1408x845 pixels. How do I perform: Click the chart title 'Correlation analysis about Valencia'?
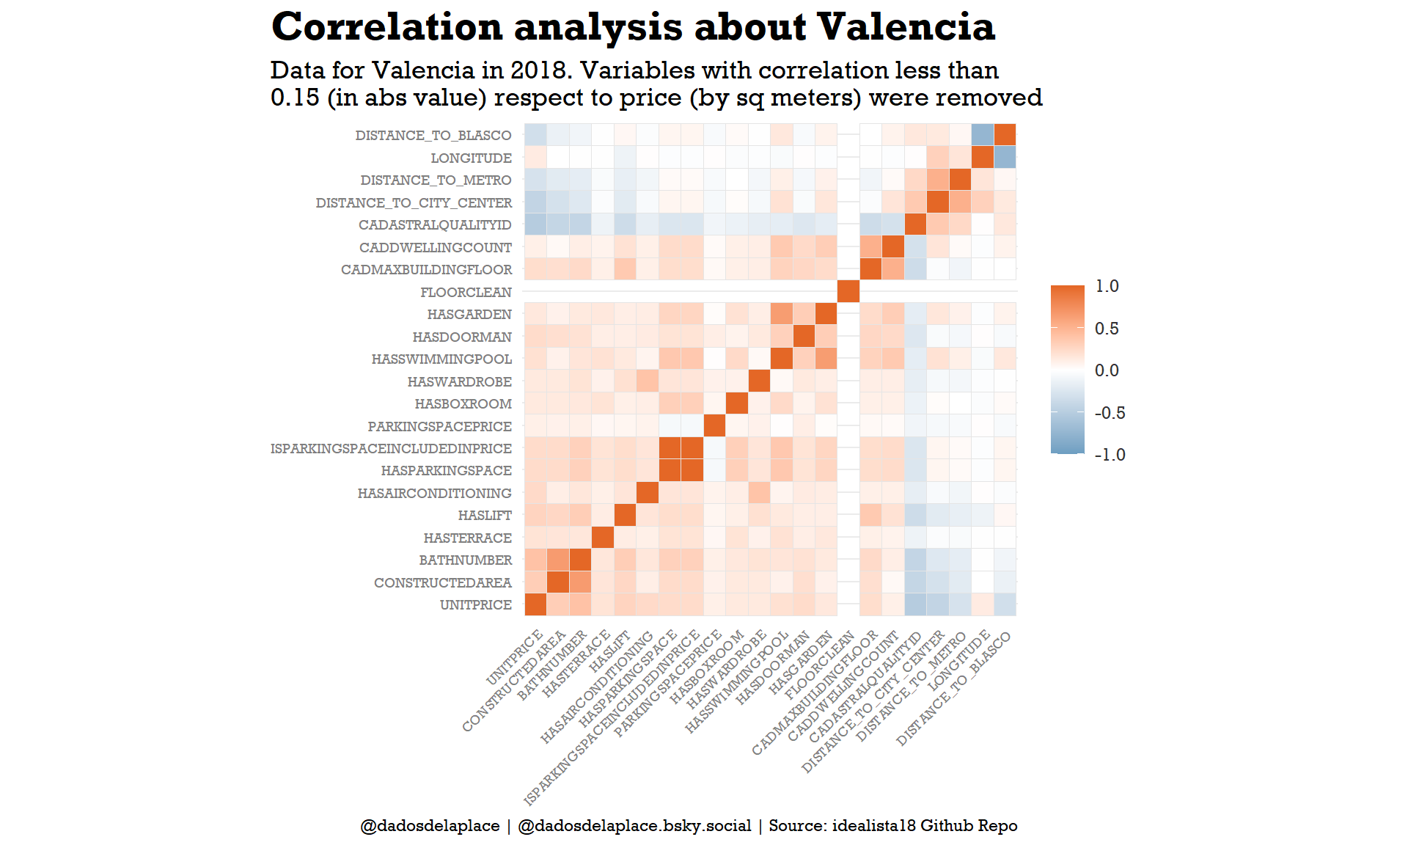click(633, 27)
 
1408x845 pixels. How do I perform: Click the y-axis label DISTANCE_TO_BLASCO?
click(433, 136)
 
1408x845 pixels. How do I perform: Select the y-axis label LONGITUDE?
click(471, 158)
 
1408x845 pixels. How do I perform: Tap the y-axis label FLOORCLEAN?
click(466, 293)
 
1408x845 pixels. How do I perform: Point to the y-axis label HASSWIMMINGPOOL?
click(441, 359)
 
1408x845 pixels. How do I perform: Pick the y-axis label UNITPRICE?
click(475, 605)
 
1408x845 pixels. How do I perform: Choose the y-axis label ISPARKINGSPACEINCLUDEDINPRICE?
click(391, 449)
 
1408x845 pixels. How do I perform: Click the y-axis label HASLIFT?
click(485, 516)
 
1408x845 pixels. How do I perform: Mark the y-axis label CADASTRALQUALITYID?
click(435, 225)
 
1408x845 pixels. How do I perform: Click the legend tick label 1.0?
click(1107, 287)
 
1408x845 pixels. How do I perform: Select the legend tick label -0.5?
click(1110, 413)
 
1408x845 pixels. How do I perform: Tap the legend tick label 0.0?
click(1107, 370)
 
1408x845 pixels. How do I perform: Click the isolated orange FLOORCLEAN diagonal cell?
click(848, 292)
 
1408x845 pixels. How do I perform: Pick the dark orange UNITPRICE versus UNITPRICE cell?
click(535, 604)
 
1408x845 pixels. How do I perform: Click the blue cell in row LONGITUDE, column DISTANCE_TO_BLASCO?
click(1005, 157)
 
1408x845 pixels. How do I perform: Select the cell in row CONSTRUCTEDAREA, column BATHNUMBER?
click(580, 582)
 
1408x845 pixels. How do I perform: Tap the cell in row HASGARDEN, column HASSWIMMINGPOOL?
click(781, 314)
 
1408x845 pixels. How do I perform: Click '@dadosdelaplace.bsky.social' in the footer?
click(634, 826)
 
